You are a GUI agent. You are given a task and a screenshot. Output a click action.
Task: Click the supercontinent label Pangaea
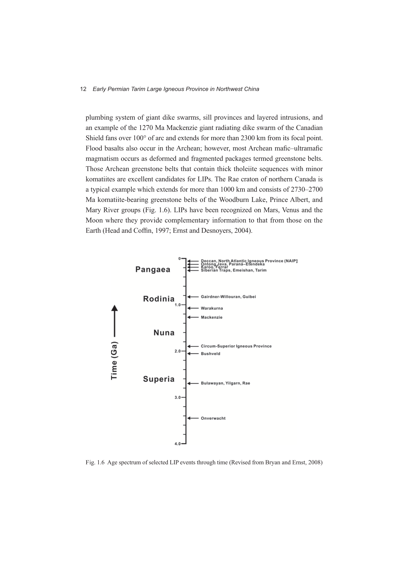tap(153, 270)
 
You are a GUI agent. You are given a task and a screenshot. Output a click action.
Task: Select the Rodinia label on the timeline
tap(159, 299)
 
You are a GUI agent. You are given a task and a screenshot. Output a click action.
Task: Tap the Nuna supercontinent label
tap(164, 333)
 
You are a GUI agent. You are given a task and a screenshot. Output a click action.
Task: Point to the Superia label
tap(159, 379)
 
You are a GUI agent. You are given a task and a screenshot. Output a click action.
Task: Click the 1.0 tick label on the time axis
tap(177, 305)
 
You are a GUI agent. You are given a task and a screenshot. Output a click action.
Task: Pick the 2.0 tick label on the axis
tap(177, 351)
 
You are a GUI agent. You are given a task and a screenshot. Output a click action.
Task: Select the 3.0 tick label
tap(177, 397)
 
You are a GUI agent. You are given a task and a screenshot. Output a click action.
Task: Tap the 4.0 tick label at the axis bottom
tap(177, 444)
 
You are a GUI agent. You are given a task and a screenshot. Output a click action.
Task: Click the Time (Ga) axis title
tap(114, 360)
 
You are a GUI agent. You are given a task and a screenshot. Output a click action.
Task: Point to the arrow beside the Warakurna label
tap(193, 308)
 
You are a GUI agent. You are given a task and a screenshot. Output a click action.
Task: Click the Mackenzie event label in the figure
tap(212, 317)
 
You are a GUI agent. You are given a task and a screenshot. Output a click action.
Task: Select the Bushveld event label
tap(210, 354)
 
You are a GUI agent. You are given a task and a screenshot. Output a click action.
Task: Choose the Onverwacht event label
tap(213, 418)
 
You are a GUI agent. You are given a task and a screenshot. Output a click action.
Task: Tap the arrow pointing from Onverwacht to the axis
tap(193, 418)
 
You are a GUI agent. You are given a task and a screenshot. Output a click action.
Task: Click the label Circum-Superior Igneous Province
tap(236, 346)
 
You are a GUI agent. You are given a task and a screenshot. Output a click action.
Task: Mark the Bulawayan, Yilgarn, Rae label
tap(225, 383)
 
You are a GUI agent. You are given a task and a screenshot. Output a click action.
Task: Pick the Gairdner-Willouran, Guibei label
tap(228, 297)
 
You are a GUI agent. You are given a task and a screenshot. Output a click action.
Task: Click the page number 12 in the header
tap(83, 89)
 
